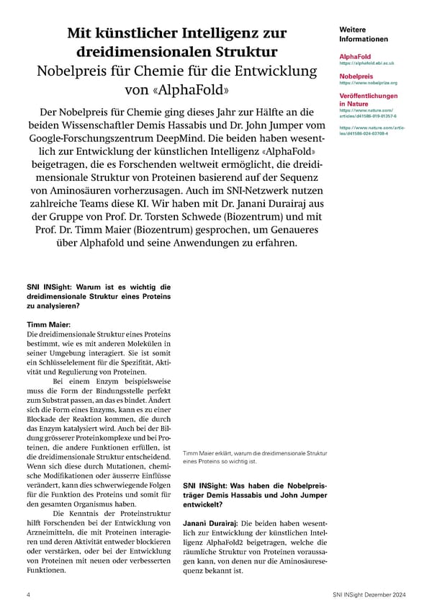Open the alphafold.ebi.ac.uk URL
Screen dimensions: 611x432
coord(366,63)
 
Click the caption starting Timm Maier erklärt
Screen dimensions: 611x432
coord(255,456)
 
